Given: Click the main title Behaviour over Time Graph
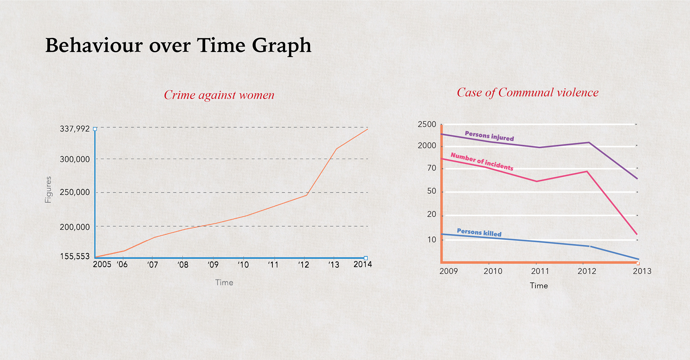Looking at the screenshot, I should coord(178,46).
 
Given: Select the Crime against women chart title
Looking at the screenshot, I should coord(219,95).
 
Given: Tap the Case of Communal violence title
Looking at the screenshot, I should coord(528,92).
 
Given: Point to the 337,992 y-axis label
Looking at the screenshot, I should coord(75,129).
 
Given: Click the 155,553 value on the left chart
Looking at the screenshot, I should coord(75,256).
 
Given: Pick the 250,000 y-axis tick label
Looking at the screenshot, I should coord(75,192).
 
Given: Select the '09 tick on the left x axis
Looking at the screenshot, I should coord(213,265).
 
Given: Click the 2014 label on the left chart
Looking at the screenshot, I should coord(363,264).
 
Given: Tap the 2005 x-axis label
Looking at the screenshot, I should coord(102,264).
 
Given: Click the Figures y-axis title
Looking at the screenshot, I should coord(48,190).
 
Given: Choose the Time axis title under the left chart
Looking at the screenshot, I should coord(224,283).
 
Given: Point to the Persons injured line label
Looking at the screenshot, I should coord(489,136).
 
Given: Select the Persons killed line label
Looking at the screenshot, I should coord(479,232).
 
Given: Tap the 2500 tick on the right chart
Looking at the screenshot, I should coord(427,124).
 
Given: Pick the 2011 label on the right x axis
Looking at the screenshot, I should coord(540,271).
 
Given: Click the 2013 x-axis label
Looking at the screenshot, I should coord(642,271).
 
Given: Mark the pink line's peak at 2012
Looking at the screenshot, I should coord(587,171).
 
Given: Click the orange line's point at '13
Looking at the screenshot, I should coord(336,149).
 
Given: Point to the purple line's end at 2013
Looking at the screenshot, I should coord(637,179).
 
